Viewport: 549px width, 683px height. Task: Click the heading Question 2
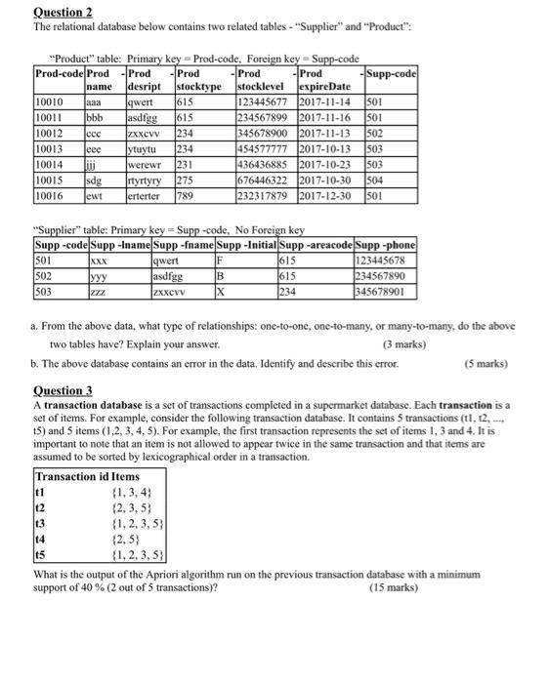pyautogui.click(x=35, y=11)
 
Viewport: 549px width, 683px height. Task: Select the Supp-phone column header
pyautogui.click(x=389, y=244)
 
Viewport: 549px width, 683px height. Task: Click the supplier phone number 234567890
pyautogui.click(x=386, y=276)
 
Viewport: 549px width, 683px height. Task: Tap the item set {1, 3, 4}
pyautogui.click(x=128, y=492)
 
